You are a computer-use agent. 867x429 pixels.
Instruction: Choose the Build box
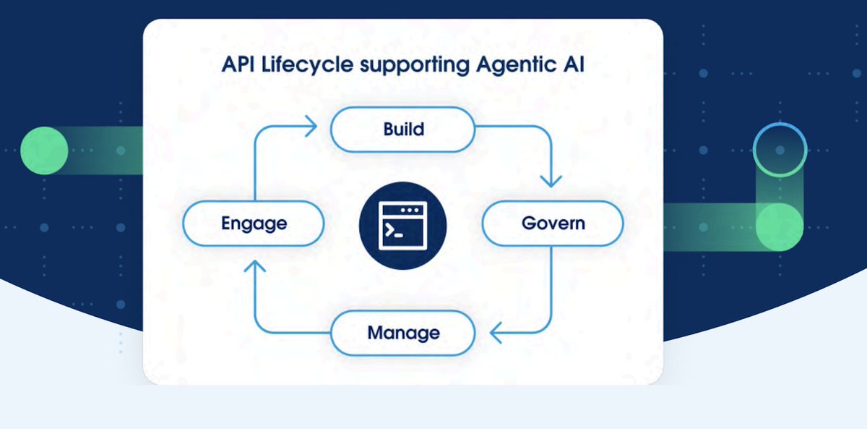(402, 129)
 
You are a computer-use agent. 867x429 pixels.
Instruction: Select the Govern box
(553, 223)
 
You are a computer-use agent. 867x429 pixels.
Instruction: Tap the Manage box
(402, 333)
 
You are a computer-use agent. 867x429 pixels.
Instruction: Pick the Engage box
(254, 223)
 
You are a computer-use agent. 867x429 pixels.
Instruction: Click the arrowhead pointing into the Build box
(311, 129)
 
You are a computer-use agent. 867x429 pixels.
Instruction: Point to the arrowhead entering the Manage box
(496, 333)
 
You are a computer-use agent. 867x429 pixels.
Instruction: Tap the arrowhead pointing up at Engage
(254, 268)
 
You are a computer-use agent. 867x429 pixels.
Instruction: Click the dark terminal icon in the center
(402, 224)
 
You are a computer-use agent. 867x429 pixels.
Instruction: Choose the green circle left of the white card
(44, 150)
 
